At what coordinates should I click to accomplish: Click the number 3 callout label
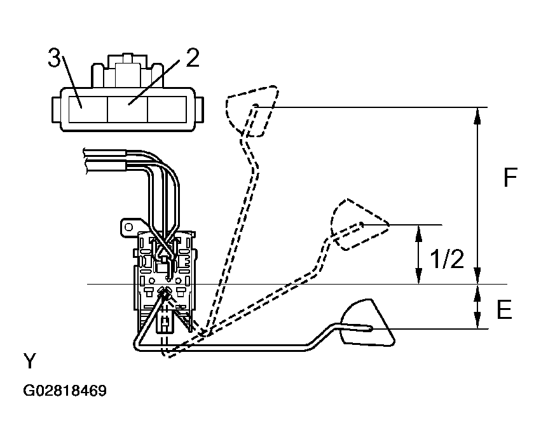[x=53, y=58]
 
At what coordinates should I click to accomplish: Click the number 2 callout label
[x=193, y=58]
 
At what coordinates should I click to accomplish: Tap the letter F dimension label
[x=510, y=177]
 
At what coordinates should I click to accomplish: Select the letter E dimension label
[x=504, y=309]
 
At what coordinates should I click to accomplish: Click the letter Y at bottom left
[x=30, y=361]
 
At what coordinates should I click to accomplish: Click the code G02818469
[x=65, y=391]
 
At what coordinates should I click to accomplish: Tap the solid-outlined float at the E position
[x=367, y=322]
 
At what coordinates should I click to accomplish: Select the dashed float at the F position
[x=252, y=111]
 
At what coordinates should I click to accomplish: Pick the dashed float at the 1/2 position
[x=359, y=224]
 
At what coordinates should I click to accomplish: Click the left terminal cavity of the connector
[x=88, y=109]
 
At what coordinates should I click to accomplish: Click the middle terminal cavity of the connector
[x=127, y=109]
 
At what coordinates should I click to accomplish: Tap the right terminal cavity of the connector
[x=167, y=109]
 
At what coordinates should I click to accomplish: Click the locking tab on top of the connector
[x=127, y=71]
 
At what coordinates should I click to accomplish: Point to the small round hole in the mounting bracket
[x=128, y=227]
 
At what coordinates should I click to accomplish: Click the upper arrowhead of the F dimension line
[x=477, y=116]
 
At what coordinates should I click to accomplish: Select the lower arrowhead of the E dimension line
[x=477, y=320]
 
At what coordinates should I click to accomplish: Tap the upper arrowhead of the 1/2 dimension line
[x=418, y=233]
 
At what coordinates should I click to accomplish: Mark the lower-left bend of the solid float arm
[x=136, y=345]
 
